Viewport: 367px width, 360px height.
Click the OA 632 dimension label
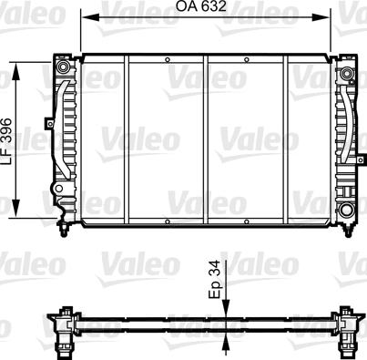point(201,6)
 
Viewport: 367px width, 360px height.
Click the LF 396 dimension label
point(6,141)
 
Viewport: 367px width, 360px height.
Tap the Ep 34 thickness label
point(216,280)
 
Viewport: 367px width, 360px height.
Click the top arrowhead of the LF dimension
point(16,72)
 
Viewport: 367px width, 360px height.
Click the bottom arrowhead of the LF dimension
point(16,209)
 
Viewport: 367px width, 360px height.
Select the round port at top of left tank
point(63,67)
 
